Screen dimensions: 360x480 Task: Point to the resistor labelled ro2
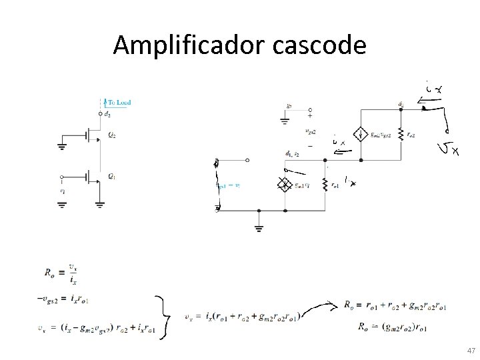400,134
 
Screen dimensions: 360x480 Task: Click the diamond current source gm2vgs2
360,134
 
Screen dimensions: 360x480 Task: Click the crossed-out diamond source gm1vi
285,185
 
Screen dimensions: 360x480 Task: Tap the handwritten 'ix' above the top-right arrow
435,87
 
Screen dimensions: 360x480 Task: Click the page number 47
470,350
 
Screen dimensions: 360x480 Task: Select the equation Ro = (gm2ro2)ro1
392,326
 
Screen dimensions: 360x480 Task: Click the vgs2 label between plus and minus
310,131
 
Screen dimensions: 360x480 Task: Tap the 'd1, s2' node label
293,154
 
